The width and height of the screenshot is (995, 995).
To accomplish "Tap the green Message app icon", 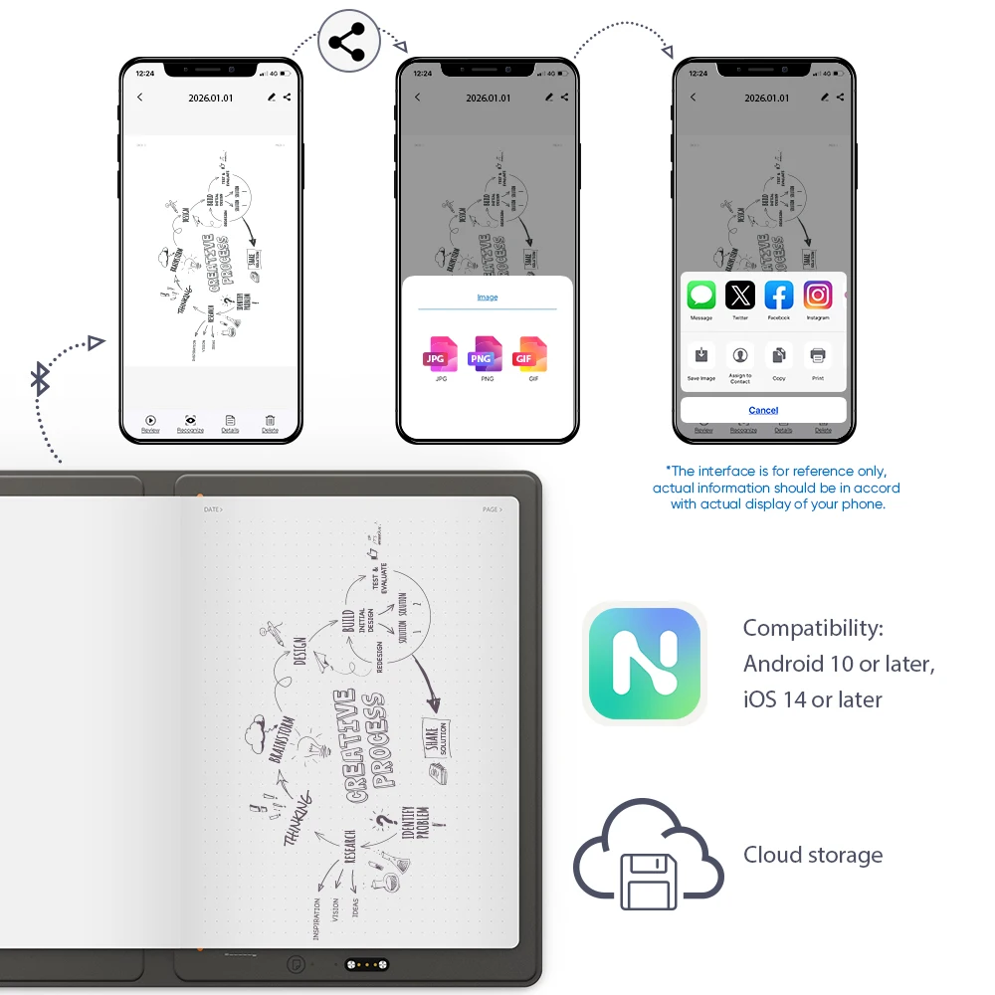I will tap(701, 296).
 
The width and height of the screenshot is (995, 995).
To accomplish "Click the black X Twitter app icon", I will tap(740, 296).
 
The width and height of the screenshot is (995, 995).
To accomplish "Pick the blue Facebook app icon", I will tap(779, 296).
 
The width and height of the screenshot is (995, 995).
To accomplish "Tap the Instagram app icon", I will tap(818, 296).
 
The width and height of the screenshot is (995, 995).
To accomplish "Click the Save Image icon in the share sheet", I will tap(701, 355).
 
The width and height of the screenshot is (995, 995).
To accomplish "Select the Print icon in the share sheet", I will tap(818, 355).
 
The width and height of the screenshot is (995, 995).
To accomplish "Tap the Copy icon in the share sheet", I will tap(779, 355).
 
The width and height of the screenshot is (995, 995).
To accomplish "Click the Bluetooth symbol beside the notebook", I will tap(40, 379).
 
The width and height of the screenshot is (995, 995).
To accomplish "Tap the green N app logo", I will tap(644, 663).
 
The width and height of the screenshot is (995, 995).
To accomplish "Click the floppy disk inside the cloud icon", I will tap(648, 881).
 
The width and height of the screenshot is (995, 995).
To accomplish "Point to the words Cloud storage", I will tap(813, 855).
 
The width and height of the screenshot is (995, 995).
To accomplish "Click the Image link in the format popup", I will tap(488, 298).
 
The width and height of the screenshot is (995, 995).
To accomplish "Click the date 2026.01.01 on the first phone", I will tap(211, 99).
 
